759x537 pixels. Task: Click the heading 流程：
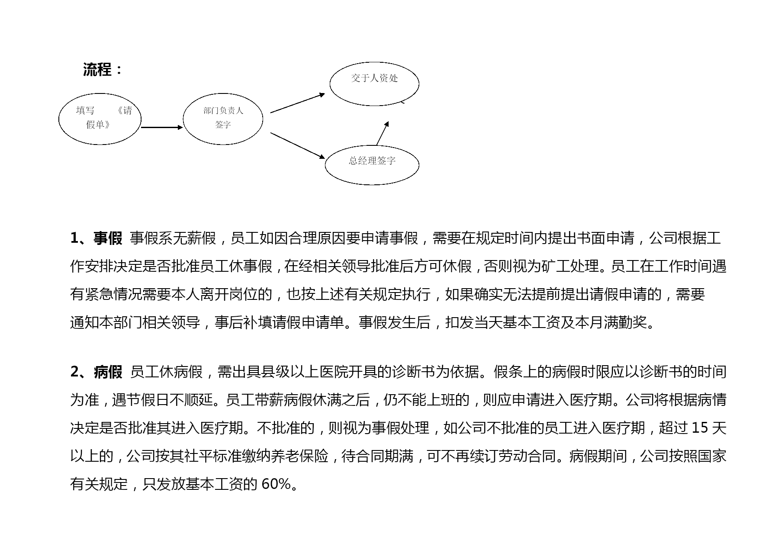point(103,70)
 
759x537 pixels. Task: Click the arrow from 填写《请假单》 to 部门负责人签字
point(162,127)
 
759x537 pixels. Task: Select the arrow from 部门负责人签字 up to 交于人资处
point(298,103)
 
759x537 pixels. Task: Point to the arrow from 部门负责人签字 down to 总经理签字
point(298,146)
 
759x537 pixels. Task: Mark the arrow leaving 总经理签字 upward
point(383,133)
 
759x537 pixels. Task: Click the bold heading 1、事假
point(96,238)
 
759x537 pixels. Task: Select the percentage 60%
point(277,484)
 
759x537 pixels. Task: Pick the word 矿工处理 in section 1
point(570,266)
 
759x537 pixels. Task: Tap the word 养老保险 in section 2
point(299,456)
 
